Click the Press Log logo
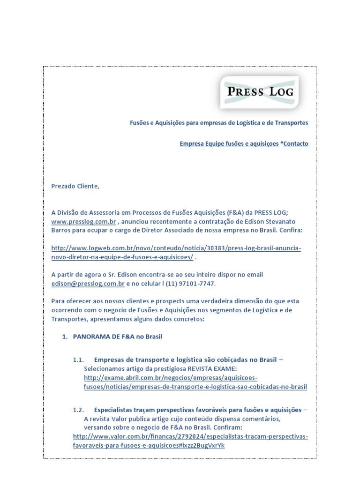pos(261,91)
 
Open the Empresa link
pos(191,144)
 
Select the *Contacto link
pos(294,144)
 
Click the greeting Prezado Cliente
pos(75,186)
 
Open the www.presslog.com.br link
pos(83,221)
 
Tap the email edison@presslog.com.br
pos(88,284)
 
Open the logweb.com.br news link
pos(176,248)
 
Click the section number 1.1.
pos(78,360)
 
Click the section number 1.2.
pos(78,410)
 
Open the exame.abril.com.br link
pos(195,382)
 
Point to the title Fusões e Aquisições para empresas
pos(219,123)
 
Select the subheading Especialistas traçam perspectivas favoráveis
pos(197,410)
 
